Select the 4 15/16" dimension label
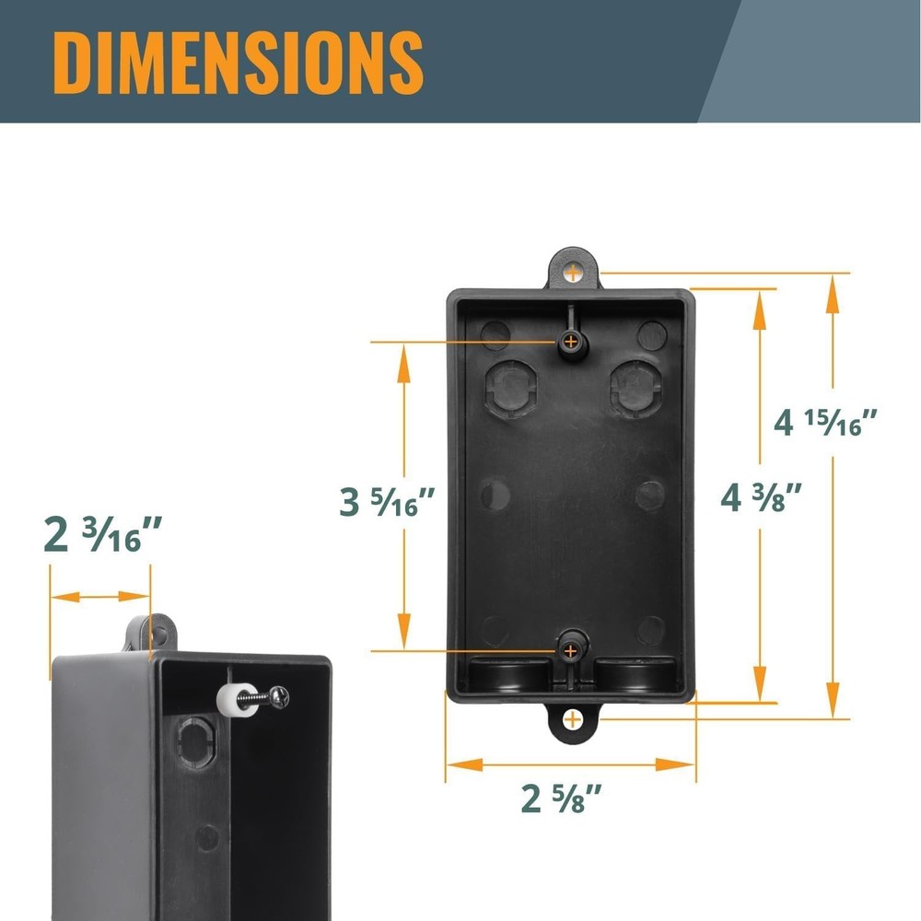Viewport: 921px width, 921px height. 825,423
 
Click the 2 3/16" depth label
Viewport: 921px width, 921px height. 103,535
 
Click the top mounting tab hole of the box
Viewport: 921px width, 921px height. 574,272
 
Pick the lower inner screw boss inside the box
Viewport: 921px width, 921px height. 572,650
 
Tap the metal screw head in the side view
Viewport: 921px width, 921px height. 280,699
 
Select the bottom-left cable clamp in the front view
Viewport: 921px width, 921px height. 506,674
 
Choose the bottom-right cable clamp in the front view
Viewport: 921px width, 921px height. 635,674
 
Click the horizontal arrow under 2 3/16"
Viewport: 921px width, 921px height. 99,597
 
